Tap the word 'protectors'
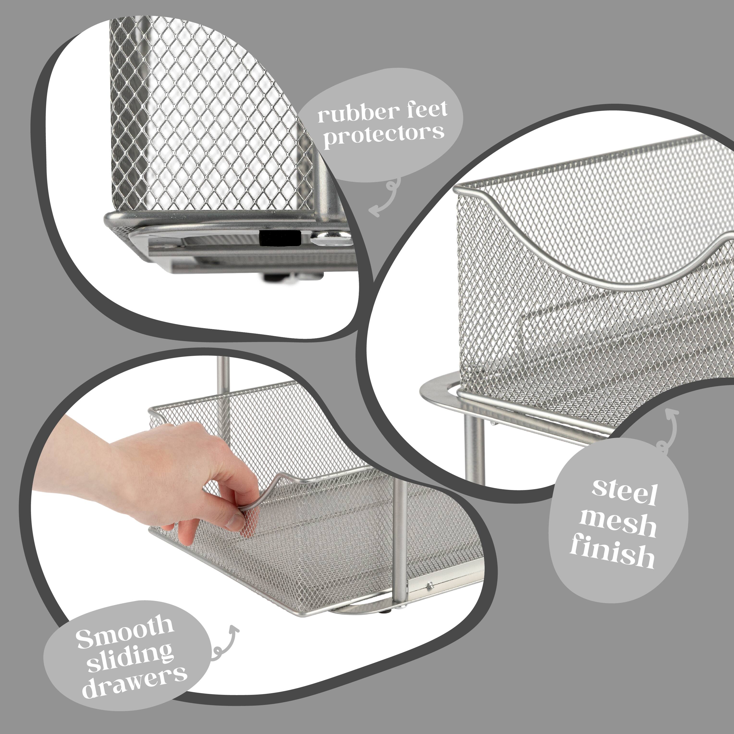[x=383, y=134]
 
